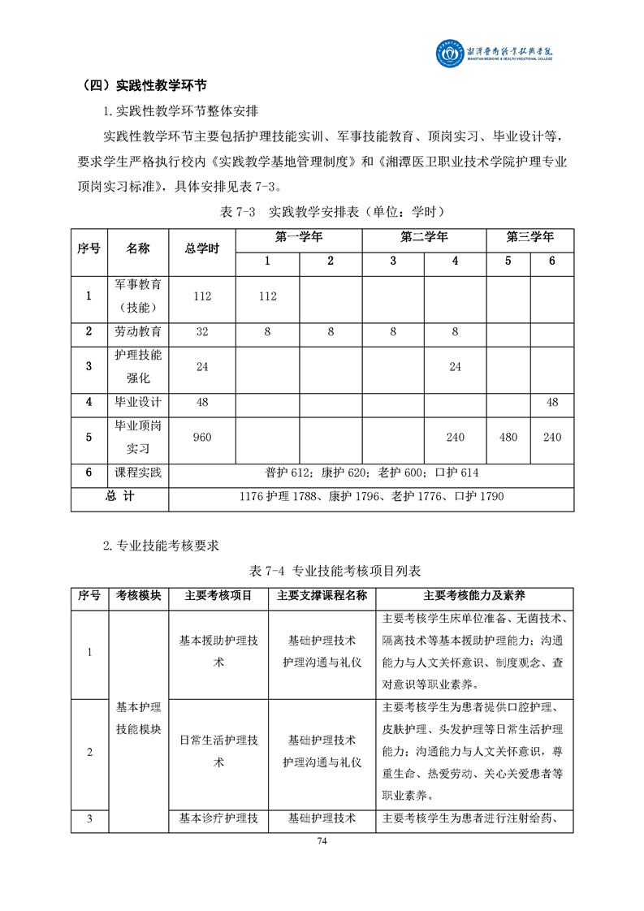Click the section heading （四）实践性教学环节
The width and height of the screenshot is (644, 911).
coord(144,85)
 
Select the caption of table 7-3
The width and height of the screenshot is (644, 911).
coord(322,212)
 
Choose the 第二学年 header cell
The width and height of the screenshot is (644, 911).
coord(424,238)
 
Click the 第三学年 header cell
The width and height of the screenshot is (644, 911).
coord(529,238)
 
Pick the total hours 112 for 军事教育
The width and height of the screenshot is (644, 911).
coord(202,296)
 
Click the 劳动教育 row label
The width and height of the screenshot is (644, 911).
coord(138,331)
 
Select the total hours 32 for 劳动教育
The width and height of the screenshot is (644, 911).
coord(202,331)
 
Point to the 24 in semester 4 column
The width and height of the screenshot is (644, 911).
coord(455,367)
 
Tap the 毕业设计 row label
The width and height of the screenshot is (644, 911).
coord(138,402)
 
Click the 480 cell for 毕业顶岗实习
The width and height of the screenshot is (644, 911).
coord(508,438)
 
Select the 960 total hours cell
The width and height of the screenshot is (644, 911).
coord(202,438)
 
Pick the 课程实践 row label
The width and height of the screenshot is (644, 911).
coord(138,473)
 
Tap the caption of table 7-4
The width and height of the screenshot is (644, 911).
coord(322,571)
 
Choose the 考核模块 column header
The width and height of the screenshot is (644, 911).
coord(138,596)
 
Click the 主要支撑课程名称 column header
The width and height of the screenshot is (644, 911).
coord(322,596)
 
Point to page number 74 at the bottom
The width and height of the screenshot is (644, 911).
coord(322,840)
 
